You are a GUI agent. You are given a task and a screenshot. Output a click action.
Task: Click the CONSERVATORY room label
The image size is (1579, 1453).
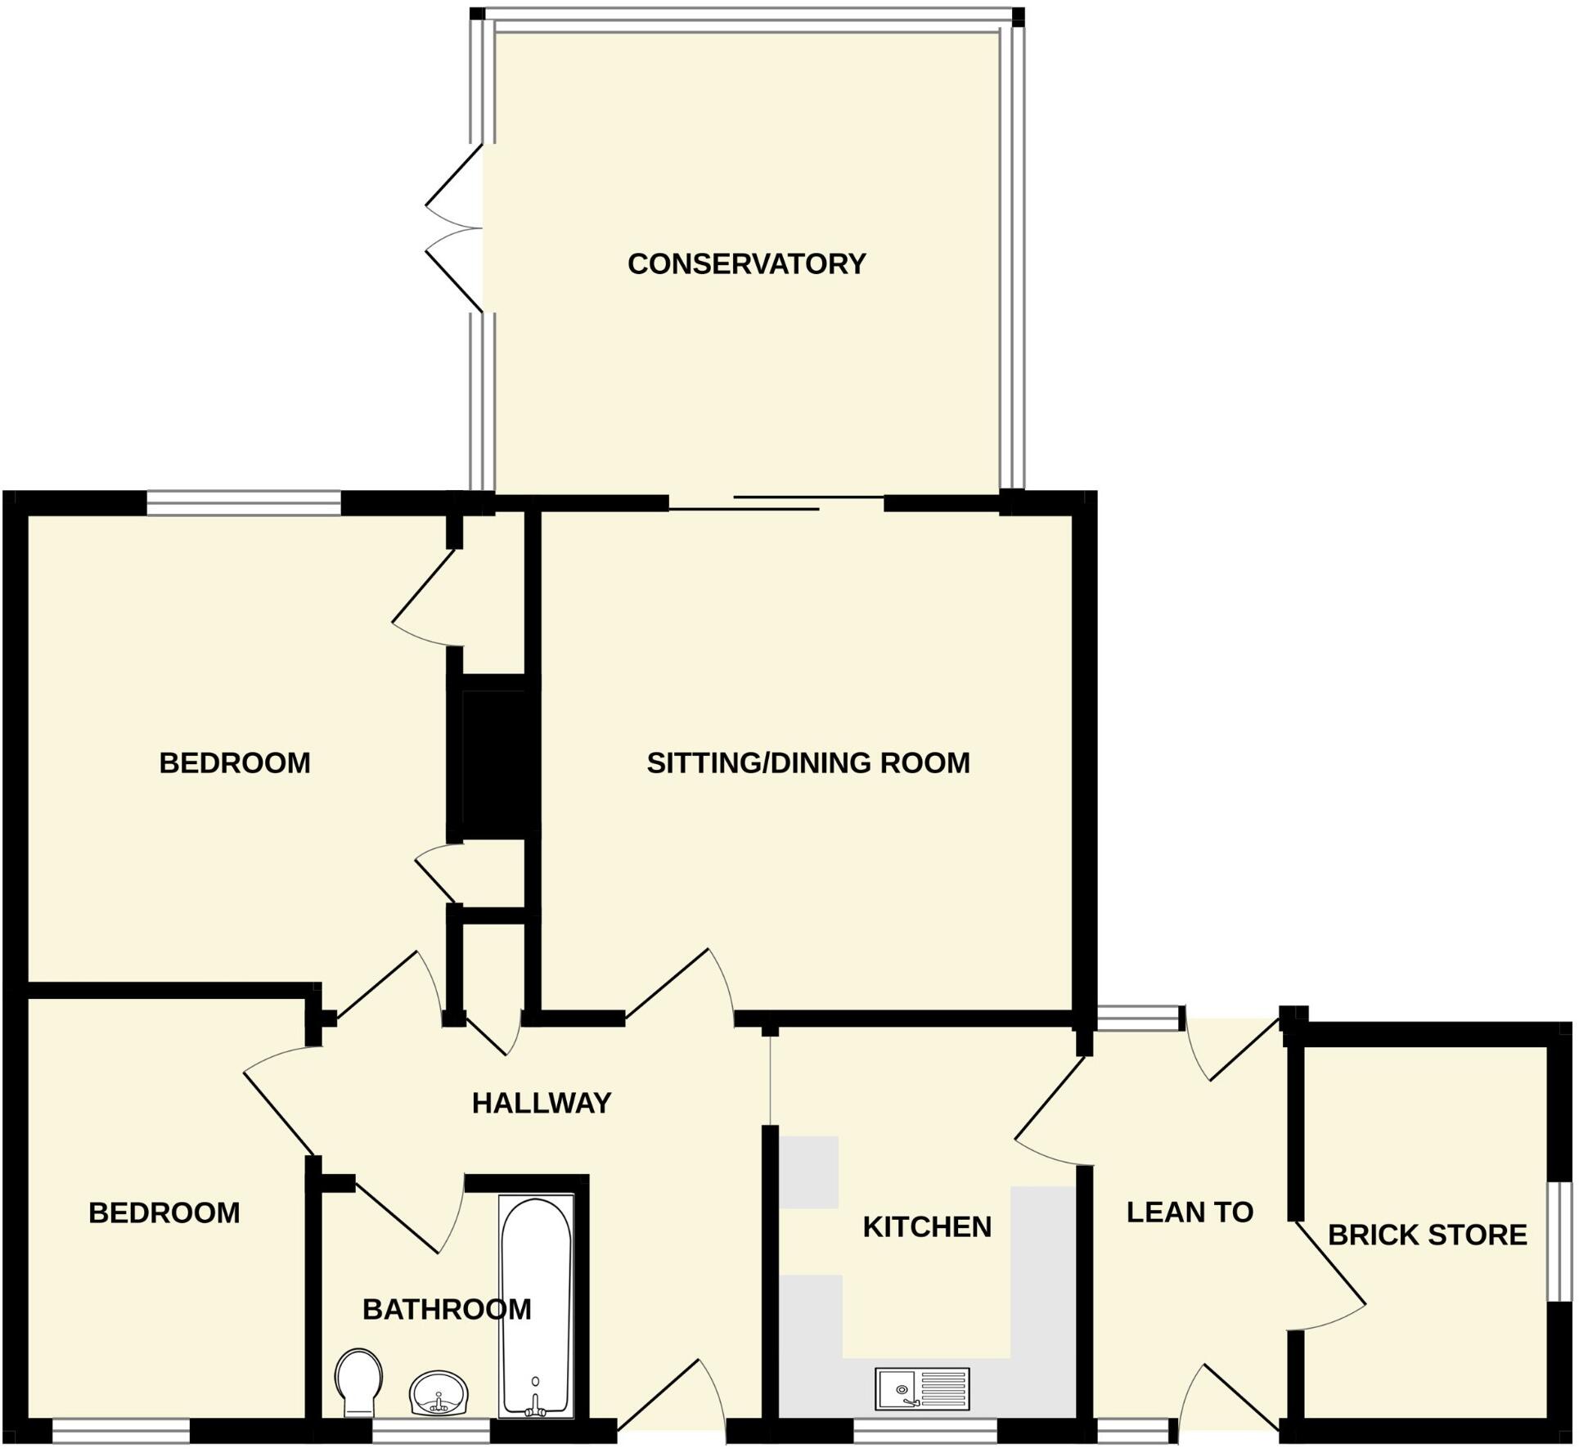746,263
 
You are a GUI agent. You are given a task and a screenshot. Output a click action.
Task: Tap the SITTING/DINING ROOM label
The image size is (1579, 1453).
808,762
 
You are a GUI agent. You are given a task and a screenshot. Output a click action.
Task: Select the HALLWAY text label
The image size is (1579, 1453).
542,1103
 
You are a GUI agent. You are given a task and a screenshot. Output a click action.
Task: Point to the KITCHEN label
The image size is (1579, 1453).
927,1226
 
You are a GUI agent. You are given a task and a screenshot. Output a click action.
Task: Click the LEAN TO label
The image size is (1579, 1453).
1190,1212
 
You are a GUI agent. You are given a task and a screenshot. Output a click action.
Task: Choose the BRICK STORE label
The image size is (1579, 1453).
1427,1235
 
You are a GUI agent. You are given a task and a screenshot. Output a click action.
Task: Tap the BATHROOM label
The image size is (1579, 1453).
447,1309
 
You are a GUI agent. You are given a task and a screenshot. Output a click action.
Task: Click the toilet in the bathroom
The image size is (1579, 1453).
359,1383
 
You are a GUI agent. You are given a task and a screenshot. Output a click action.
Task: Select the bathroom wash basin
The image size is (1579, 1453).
439,1393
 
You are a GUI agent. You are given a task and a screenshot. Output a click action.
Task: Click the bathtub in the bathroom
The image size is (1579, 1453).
536,1307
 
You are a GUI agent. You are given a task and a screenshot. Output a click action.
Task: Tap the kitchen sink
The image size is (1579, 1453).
922,1389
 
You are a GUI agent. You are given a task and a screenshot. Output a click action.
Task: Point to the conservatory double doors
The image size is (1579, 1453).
455,228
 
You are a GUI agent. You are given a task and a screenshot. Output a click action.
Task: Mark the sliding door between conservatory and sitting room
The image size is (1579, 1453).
776,503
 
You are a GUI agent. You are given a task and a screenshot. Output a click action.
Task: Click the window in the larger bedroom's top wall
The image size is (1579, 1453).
244,503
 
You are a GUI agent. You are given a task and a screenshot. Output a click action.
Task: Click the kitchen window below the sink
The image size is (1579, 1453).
925,1430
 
